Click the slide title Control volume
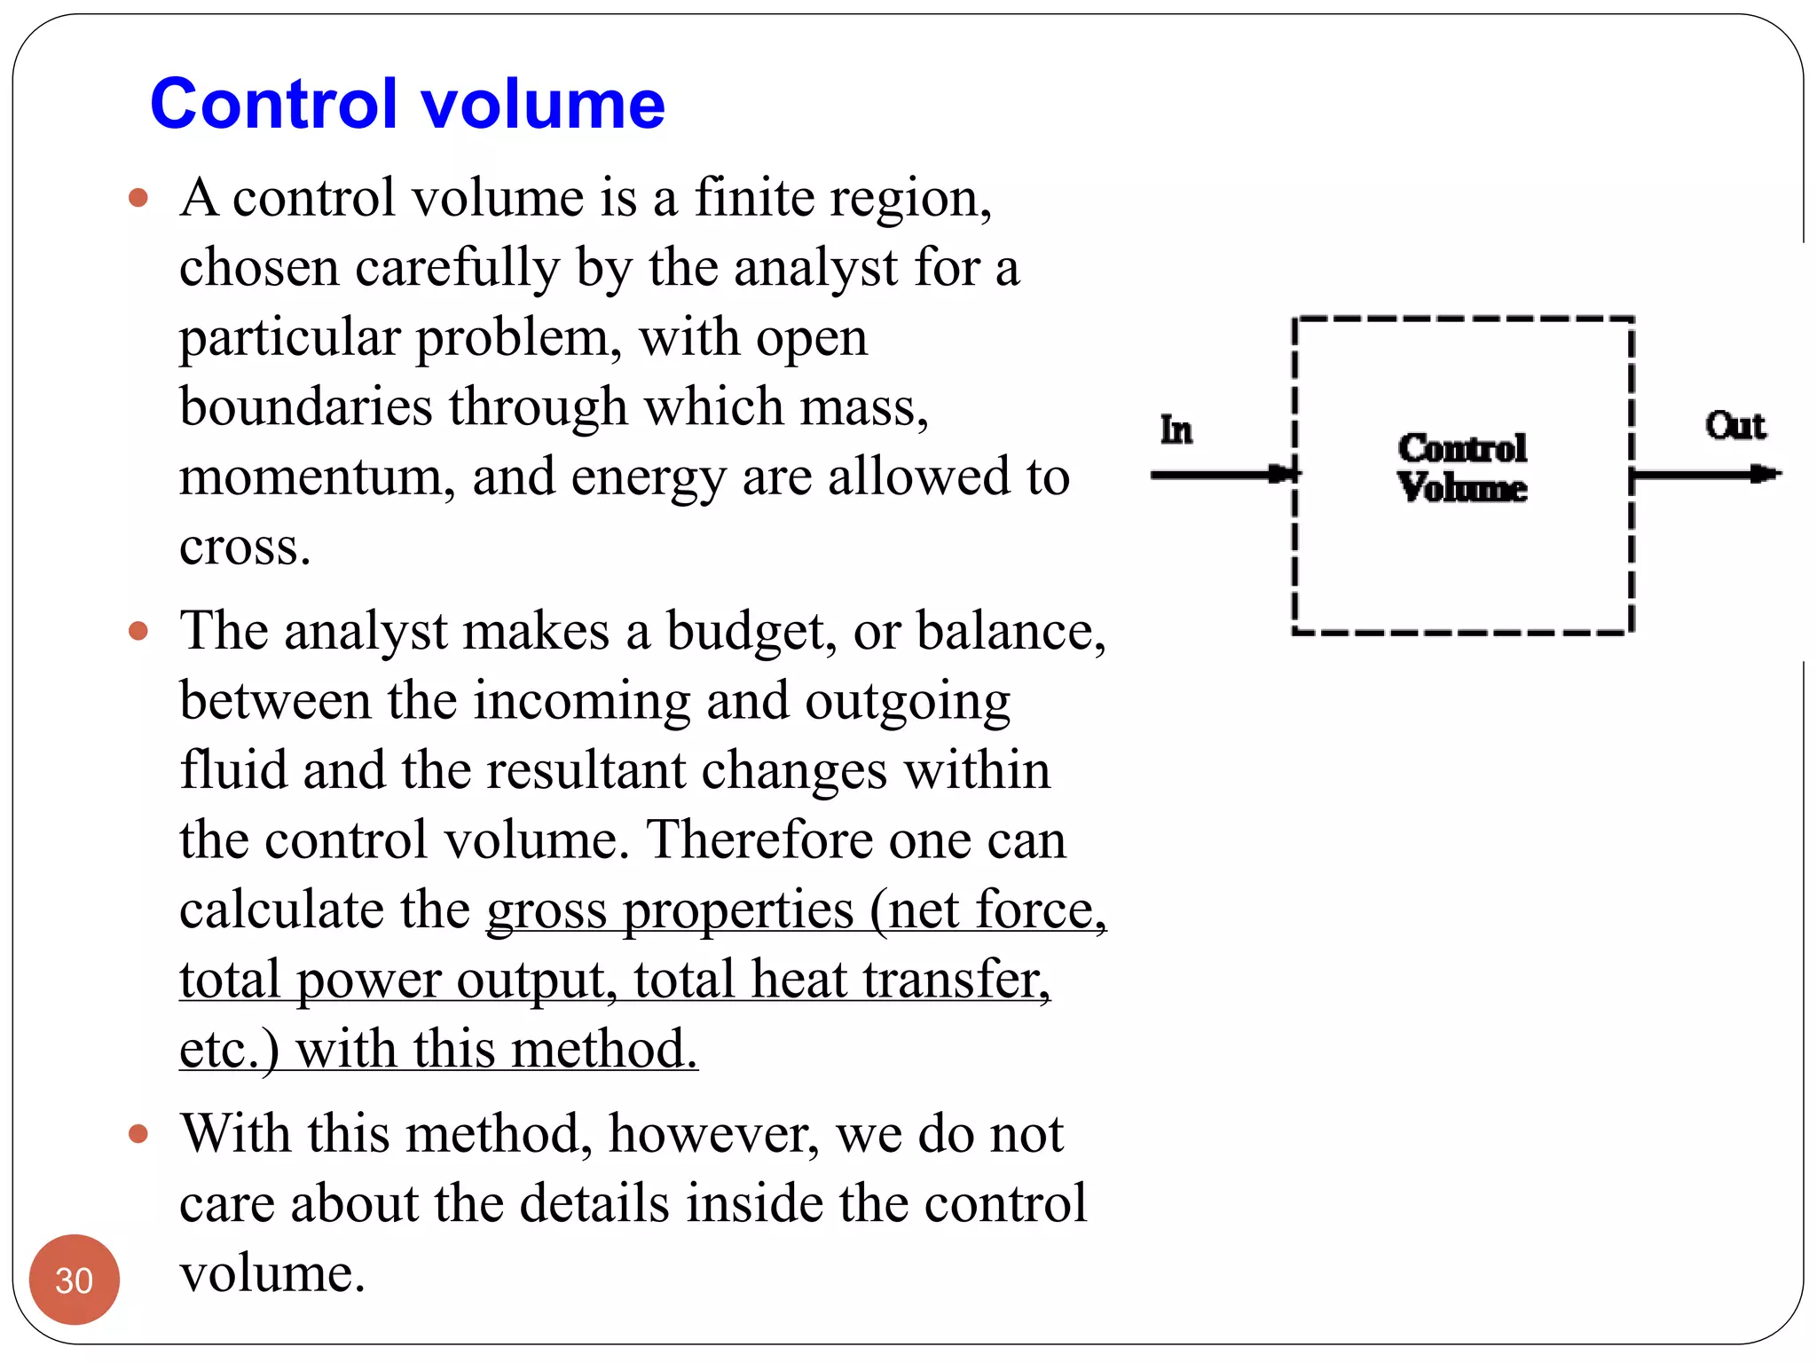click(407, 104)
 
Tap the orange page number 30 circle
click(74, 1279)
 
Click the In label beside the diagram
click(1176, 430)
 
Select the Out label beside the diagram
click(1734, 426)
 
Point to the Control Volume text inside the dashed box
click(1462, 468)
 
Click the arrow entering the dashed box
click(1224, 475)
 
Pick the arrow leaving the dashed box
click(1705, 475)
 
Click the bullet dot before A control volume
click(138, 197)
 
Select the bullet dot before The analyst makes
click(138, 632)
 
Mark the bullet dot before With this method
click(138, 1134)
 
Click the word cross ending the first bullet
click(244, 548)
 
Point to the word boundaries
click(305, 407)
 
